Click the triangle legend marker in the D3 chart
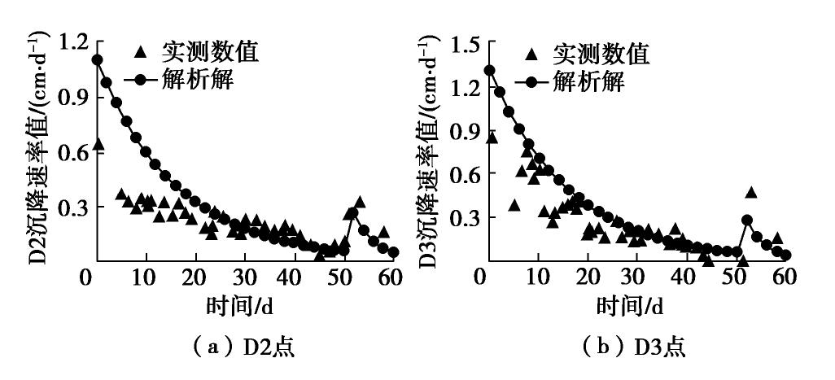[532, 55]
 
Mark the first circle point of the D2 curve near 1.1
[97, 59]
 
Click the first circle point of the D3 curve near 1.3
[490, 70]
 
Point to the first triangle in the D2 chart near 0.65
[98, 144]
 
